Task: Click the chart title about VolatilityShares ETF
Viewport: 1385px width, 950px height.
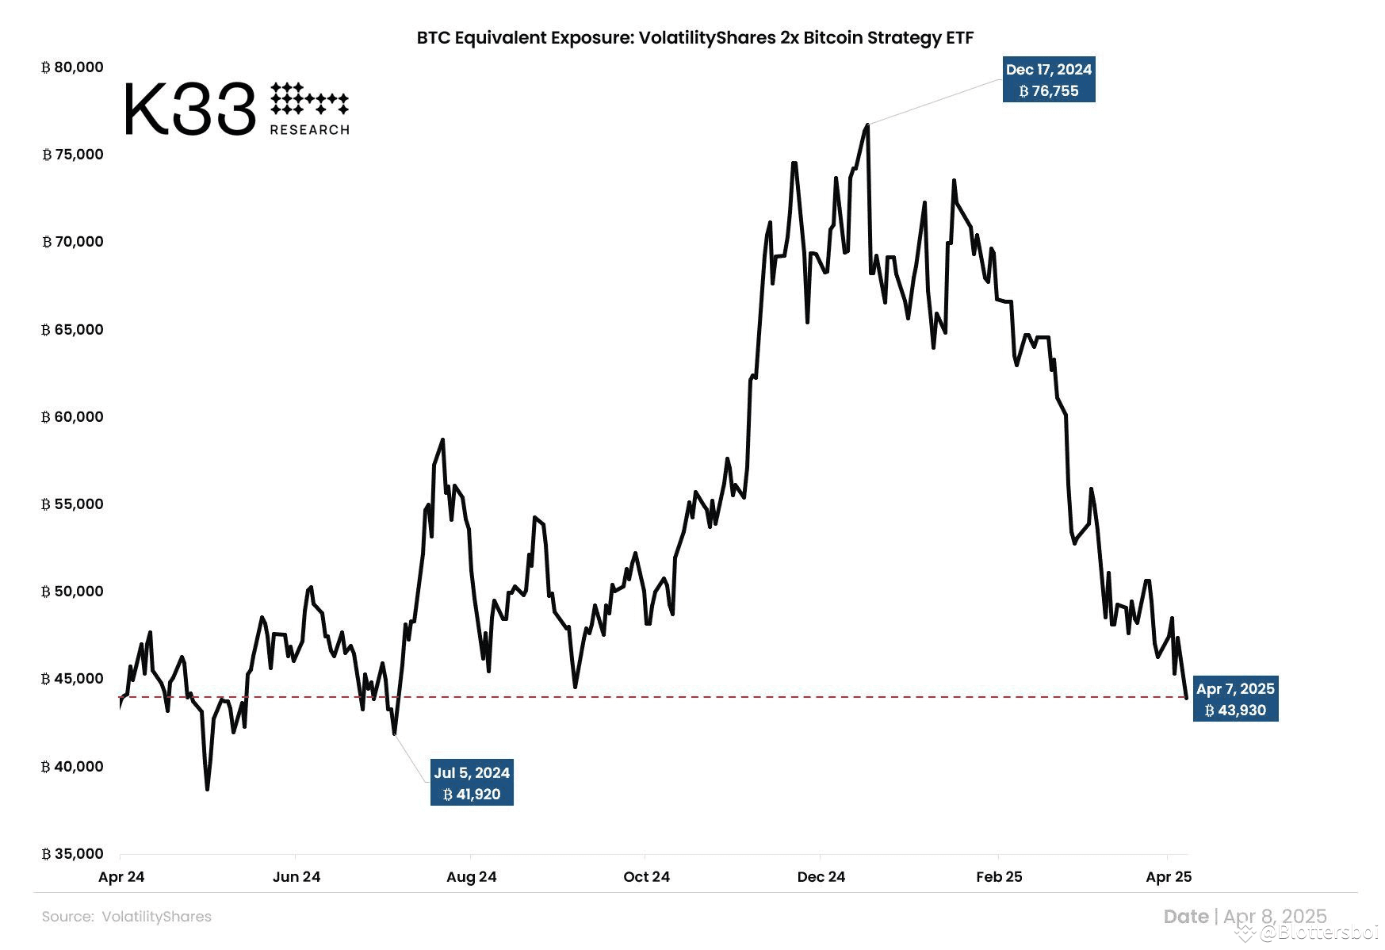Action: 694,37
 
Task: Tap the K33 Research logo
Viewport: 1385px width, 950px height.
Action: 236,109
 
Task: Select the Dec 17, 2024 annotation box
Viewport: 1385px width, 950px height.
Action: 1048,80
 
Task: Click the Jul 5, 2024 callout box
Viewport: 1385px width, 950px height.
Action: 472,783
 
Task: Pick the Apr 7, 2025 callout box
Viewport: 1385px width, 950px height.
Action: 1235,699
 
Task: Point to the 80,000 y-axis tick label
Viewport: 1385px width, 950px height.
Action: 72,67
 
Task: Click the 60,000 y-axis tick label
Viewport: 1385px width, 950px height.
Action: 72,417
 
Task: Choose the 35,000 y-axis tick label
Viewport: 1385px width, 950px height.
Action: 72,854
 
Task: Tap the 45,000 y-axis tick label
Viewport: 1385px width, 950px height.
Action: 72,679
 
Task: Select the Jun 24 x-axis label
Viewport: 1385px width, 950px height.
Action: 297,877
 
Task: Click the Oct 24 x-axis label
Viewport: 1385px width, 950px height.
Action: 646,877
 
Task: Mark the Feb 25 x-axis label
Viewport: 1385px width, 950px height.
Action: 999,877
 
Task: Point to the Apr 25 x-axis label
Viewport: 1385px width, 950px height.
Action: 1169,877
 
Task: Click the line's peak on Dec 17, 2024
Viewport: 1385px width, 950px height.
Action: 867,124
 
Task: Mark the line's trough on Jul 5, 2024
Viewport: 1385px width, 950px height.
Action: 394,734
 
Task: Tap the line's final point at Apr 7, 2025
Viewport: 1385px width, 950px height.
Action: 1186,698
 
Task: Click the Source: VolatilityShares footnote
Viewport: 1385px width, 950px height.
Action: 127,917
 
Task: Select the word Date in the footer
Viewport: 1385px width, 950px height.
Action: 1185,917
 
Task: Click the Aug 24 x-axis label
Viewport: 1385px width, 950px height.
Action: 471,877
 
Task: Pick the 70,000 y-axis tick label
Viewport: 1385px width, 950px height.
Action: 72,242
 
